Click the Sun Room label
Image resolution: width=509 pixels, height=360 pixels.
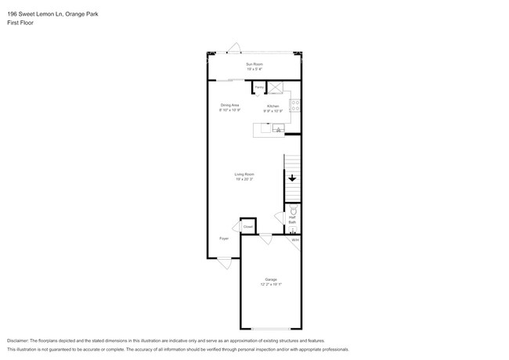(x=254, y=63)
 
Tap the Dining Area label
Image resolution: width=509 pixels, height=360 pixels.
(x=229, y=105)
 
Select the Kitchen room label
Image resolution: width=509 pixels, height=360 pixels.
(x=273, y=106)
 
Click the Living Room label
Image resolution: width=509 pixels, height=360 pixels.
(x=244, y=174)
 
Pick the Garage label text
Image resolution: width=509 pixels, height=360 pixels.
(x=270, y=279)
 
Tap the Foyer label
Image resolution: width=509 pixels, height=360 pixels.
(x=224, y=238)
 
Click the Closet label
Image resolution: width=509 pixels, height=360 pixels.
(x=247, y=226)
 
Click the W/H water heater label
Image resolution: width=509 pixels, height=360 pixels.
(x=295, y=240)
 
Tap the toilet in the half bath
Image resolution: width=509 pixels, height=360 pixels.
(x=294, y=211)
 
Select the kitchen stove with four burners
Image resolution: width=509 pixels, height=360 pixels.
(x=295, y=105)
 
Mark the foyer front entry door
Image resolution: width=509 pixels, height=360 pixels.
(x=225, y=264)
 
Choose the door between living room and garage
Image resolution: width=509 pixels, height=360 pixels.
(x=265, y=239)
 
